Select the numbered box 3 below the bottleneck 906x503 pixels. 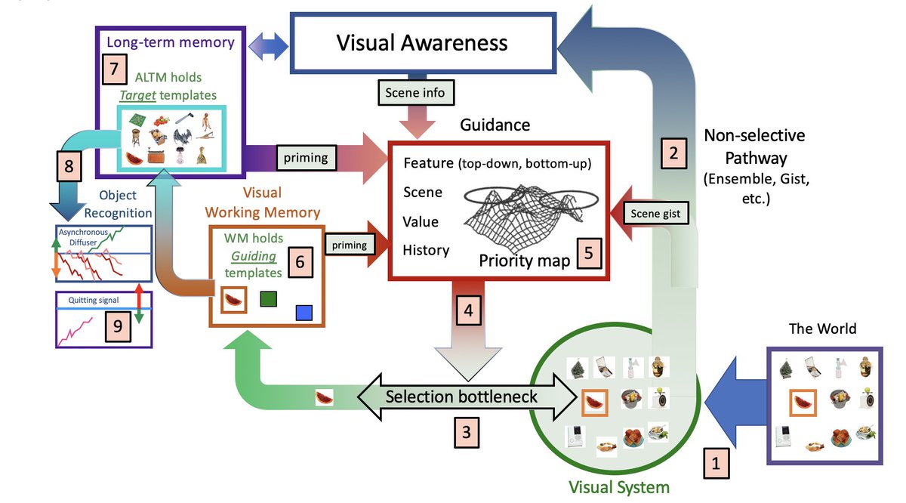pos(467,432)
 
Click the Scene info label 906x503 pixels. pos(416,93)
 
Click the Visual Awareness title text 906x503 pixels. pos(422,42)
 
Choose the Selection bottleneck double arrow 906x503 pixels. pos(462,397)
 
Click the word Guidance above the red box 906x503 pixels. pos(496,124)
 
